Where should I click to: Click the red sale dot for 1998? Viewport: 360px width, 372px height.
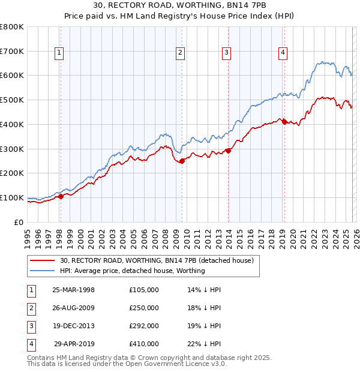(60, 196)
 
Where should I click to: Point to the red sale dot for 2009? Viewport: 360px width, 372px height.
(182, 161)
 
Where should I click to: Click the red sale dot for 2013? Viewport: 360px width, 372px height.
(228, 151)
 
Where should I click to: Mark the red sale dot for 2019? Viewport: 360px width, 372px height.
(284, 122)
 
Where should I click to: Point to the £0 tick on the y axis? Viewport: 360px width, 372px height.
(19, 222)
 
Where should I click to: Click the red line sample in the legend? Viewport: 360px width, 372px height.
(43, 261)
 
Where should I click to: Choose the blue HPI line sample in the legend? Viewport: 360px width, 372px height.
(43, 271)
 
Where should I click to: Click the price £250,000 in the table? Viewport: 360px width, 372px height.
(144, 308)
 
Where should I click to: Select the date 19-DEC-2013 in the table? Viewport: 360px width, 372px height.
(73, 326)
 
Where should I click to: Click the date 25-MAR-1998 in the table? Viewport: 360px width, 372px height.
(73, 290)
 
